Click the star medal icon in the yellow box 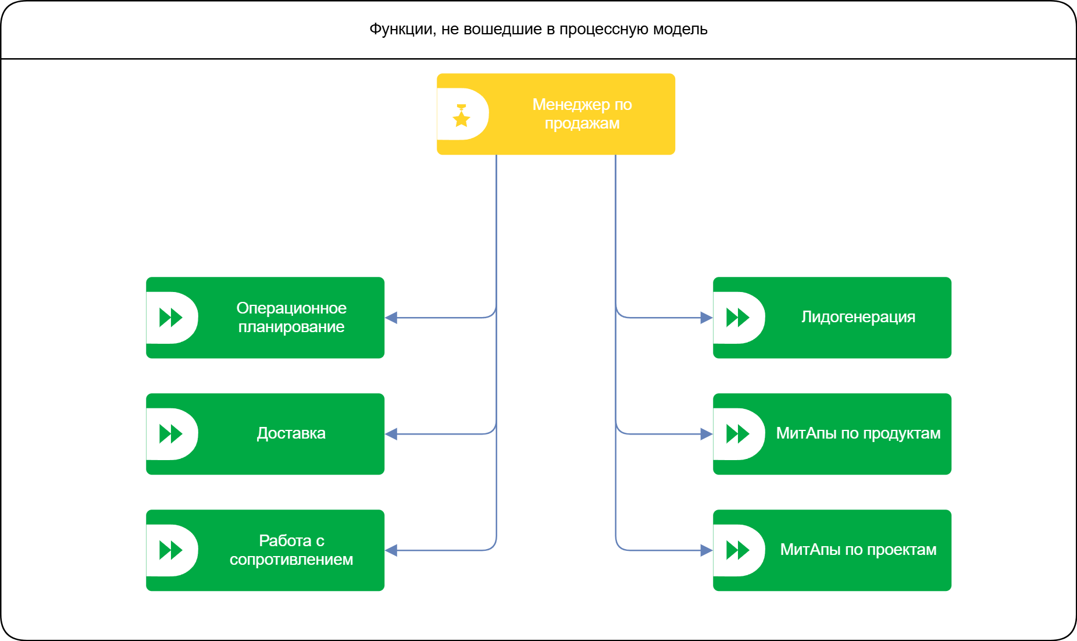[461, 116]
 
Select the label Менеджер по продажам [582, 114]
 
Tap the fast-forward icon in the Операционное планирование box [170, 318]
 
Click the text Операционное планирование [291, 318]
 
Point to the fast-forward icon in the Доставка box [170, 434]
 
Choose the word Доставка [291, 433]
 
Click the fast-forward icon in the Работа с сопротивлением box [170, 550]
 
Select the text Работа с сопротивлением [291, 550]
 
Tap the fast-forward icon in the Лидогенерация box [737, 318]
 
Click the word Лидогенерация [858, 317]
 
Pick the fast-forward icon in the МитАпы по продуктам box [737, 434]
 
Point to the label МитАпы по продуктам [858, 433]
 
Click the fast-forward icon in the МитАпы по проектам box [737, 550]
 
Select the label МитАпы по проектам [858, 550]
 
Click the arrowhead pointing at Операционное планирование [391, 318]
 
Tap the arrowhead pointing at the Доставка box [391, 434]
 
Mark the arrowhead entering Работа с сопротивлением [391, 550]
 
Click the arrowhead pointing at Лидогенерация [707, 318]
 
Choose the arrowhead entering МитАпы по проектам [707, 550]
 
